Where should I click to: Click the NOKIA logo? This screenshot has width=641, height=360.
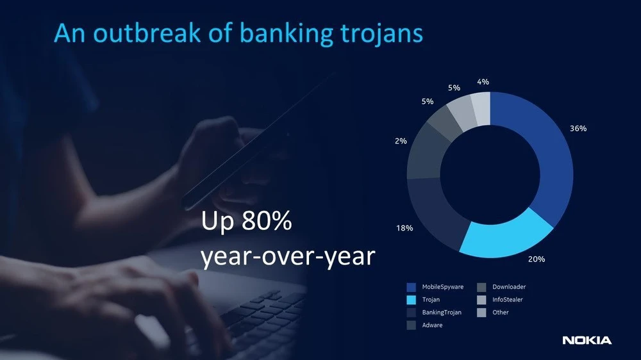pyautogui.click(x=587, y=340)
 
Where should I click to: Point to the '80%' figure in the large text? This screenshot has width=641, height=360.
pyautogui.click(x=267, y=222)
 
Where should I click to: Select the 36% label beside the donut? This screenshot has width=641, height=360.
pyautogui.click(x=578, y=128)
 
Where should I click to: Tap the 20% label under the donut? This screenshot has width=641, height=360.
pyautogui.click(x=537, y=259)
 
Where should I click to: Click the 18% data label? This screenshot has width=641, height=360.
pyautogui.click(x=404, y=228)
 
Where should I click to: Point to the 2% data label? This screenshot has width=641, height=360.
pyautogui.click(x=401, y=141)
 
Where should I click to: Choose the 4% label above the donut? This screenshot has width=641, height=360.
pyautogui.click(x=483, y=81)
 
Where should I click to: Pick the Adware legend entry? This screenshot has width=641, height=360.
pyautogui.click(x=432, y=325)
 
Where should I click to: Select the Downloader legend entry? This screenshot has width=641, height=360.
pyautogui.click(x=509, y=287)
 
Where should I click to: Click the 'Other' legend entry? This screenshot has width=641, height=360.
pyautogui.click(x=501, y=313)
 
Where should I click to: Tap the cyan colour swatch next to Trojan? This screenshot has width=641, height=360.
pyautogui.click(x=411, y=300)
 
